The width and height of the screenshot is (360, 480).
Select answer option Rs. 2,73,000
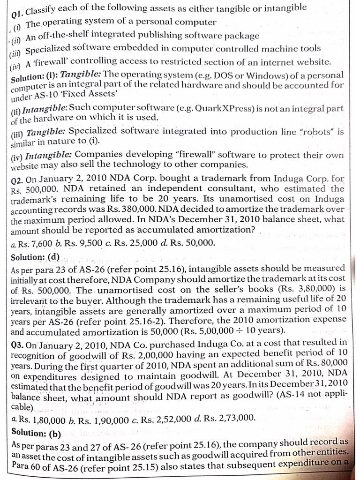(227, 418)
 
